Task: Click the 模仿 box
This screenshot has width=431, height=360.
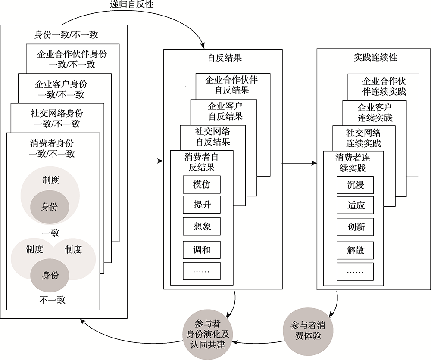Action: tap(202, 184)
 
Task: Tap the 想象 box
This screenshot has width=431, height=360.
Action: tap(202, 226)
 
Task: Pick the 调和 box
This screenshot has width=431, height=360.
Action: tap(202, 249)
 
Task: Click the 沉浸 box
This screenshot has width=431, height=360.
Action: tap(355, 185)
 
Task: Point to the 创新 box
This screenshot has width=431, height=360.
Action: tap(355, 227)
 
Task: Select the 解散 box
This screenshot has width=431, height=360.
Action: tap(355, 250)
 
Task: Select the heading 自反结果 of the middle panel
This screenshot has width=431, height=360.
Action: tap(222, 58)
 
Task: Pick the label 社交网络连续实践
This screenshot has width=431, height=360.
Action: tap(363, 137)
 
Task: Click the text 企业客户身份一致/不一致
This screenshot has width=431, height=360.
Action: tap(61, 89)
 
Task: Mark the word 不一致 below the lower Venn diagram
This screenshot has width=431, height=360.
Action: tap(52, 300)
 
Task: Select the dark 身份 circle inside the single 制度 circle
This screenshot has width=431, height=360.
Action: tap(50, 207)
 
